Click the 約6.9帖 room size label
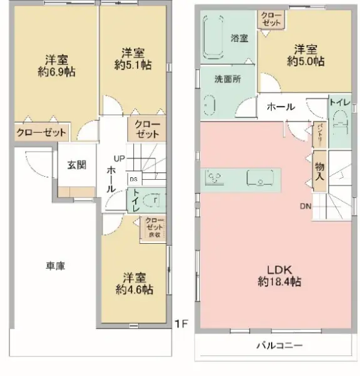[56, 71]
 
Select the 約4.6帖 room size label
[134, 290]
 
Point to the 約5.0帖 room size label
[306, 61]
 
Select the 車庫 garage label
[56, 266]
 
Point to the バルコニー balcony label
[279, 346]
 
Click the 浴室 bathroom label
[239, 38]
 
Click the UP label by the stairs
[120, 157]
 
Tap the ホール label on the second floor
[280, 107]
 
